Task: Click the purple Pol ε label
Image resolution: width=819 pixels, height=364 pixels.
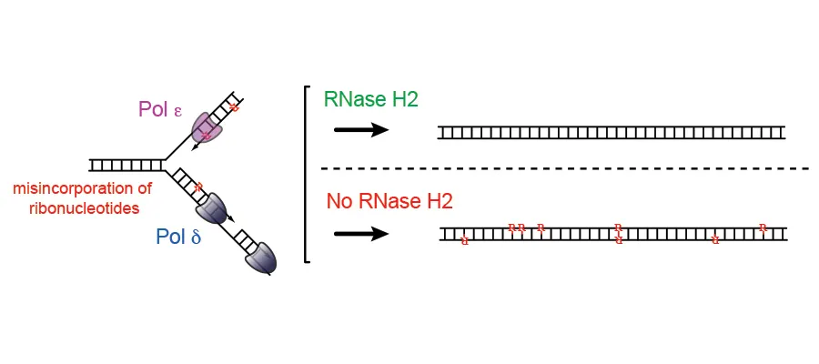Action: click(x=160, y=109)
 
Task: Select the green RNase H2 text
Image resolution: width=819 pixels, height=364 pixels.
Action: click(x=370, y=99)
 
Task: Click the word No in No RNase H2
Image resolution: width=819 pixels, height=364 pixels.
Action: click(x=340, y=201)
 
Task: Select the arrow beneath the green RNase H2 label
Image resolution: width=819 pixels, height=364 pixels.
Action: click(x=361, y=130)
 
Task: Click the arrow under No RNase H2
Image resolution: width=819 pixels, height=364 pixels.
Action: click(x=361, y=233)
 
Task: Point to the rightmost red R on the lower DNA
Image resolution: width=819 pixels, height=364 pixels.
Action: click(x=763, y=227)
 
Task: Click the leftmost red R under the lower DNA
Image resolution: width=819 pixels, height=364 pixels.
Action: click(x=465, y=241)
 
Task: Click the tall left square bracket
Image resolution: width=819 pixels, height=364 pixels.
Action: click(x=307, y=173)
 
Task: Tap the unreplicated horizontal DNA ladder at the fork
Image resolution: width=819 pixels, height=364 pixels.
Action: click(x=126, y=165)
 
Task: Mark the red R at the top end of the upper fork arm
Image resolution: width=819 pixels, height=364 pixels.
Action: click(x=234, y=108)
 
